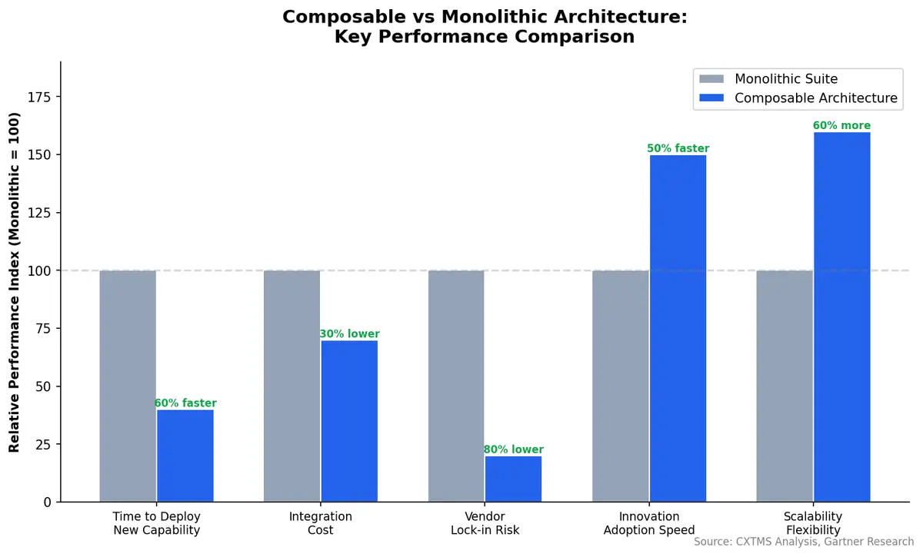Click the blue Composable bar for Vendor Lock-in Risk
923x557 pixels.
[513, 479]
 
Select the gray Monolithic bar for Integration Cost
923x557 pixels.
[292, 386]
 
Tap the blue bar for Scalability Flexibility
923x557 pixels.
[841, 317]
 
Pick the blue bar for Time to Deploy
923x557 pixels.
[185, 456]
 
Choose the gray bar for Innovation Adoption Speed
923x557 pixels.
[620, 386]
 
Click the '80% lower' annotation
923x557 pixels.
[513, 449]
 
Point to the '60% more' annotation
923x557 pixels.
[841, 126]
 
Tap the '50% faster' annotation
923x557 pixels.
[678, 148]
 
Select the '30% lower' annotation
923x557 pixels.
[349, 334]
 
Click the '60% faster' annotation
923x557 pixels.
[185, 403]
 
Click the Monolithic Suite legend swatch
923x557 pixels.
[711, 79]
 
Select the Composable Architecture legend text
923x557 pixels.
[815, 98]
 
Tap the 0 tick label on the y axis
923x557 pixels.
[48, 502]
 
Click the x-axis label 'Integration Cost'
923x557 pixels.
[320, 523]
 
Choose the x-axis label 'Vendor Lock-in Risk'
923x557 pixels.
[485, 523]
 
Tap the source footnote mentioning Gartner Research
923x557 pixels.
[803, 542]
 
